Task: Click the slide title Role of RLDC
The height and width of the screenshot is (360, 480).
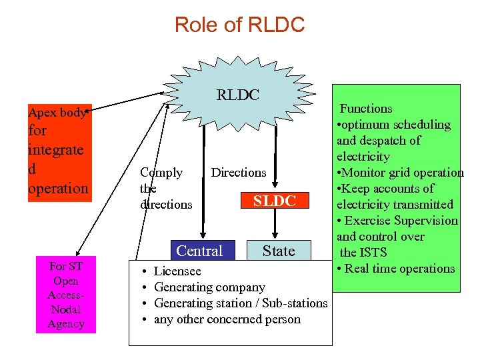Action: (x=239, y=25)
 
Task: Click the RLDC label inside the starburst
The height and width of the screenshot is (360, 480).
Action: (x=237, y=95)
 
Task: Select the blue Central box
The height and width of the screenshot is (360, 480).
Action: (x=199, y=251)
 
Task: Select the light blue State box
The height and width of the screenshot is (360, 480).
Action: (x=279, y=251)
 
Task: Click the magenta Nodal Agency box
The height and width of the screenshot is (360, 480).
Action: (x=66, y=294)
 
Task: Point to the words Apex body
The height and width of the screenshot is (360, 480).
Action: (x=57, y=113)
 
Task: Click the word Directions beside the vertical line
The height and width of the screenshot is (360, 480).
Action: (x=239, y=173)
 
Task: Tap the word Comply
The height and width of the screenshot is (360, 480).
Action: (x=161, y=173)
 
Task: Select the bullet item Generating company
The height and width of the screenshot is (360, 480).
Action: (x=209, y=287)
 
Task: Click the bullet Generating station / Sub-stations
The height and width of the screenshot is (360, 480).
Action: (x=241, y=303)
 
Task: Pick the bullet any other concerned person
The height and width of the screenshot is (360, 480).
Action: (x=227, y=319)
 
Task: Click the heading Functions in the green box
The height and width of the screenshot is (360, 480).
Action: (x=366, y=109)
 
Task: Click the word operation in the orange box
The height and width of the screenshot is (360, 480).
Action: (x=58, y=188)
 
